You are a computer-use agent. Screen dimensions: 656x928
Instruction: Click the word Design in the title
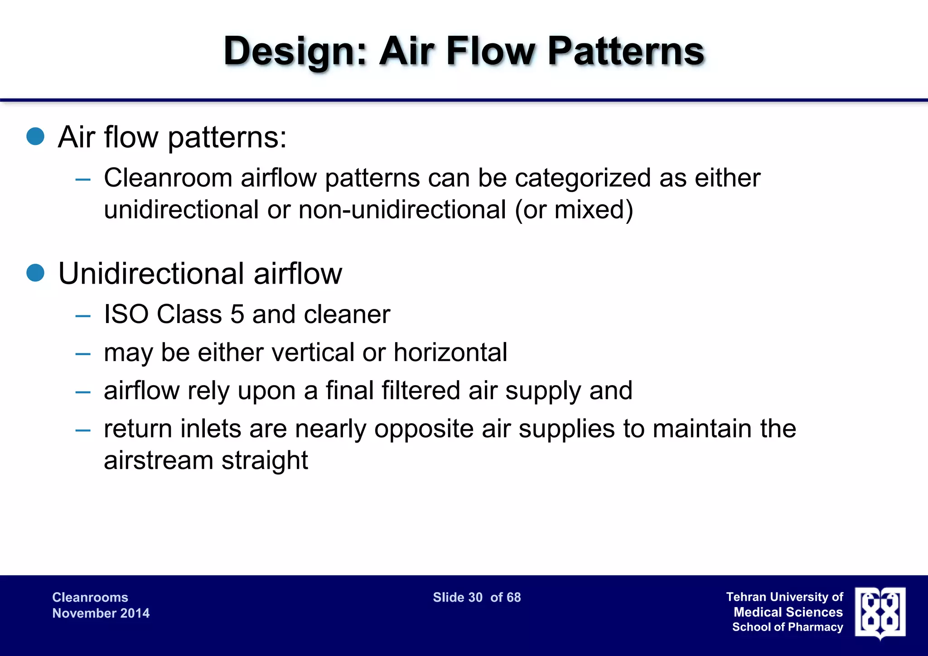[295, 51]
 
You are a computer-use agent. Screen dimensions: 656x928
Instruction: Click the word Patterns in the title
[625, 51]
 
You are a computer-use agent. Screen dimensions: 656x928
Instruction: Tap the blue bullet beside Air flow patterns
[35, 136]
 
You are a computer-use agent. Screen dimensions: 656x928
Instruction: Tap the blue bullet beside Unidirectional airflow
[35, 273]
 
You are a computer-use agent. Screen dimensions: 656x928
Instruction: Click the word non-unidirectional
[402, 210]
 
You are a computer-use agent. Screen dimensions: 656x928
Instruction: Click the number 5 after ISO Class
[237, 314]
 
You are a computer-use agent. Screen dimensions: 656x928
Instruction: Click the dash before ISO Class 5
[83, 316]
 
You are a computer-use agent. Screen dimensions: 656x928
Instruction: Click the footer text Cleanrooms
[90, 597]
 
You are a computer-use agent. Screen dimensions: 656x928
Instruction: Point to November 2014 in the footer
[101, 613]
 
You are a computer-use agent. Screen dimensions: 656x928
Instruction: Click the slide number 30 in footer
[475, 597]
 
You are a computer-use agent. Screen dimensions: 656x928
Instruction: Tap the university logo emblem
[880, 613]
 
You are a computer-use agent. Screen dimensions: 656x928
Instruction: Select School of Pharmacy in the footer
[788, 627]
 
